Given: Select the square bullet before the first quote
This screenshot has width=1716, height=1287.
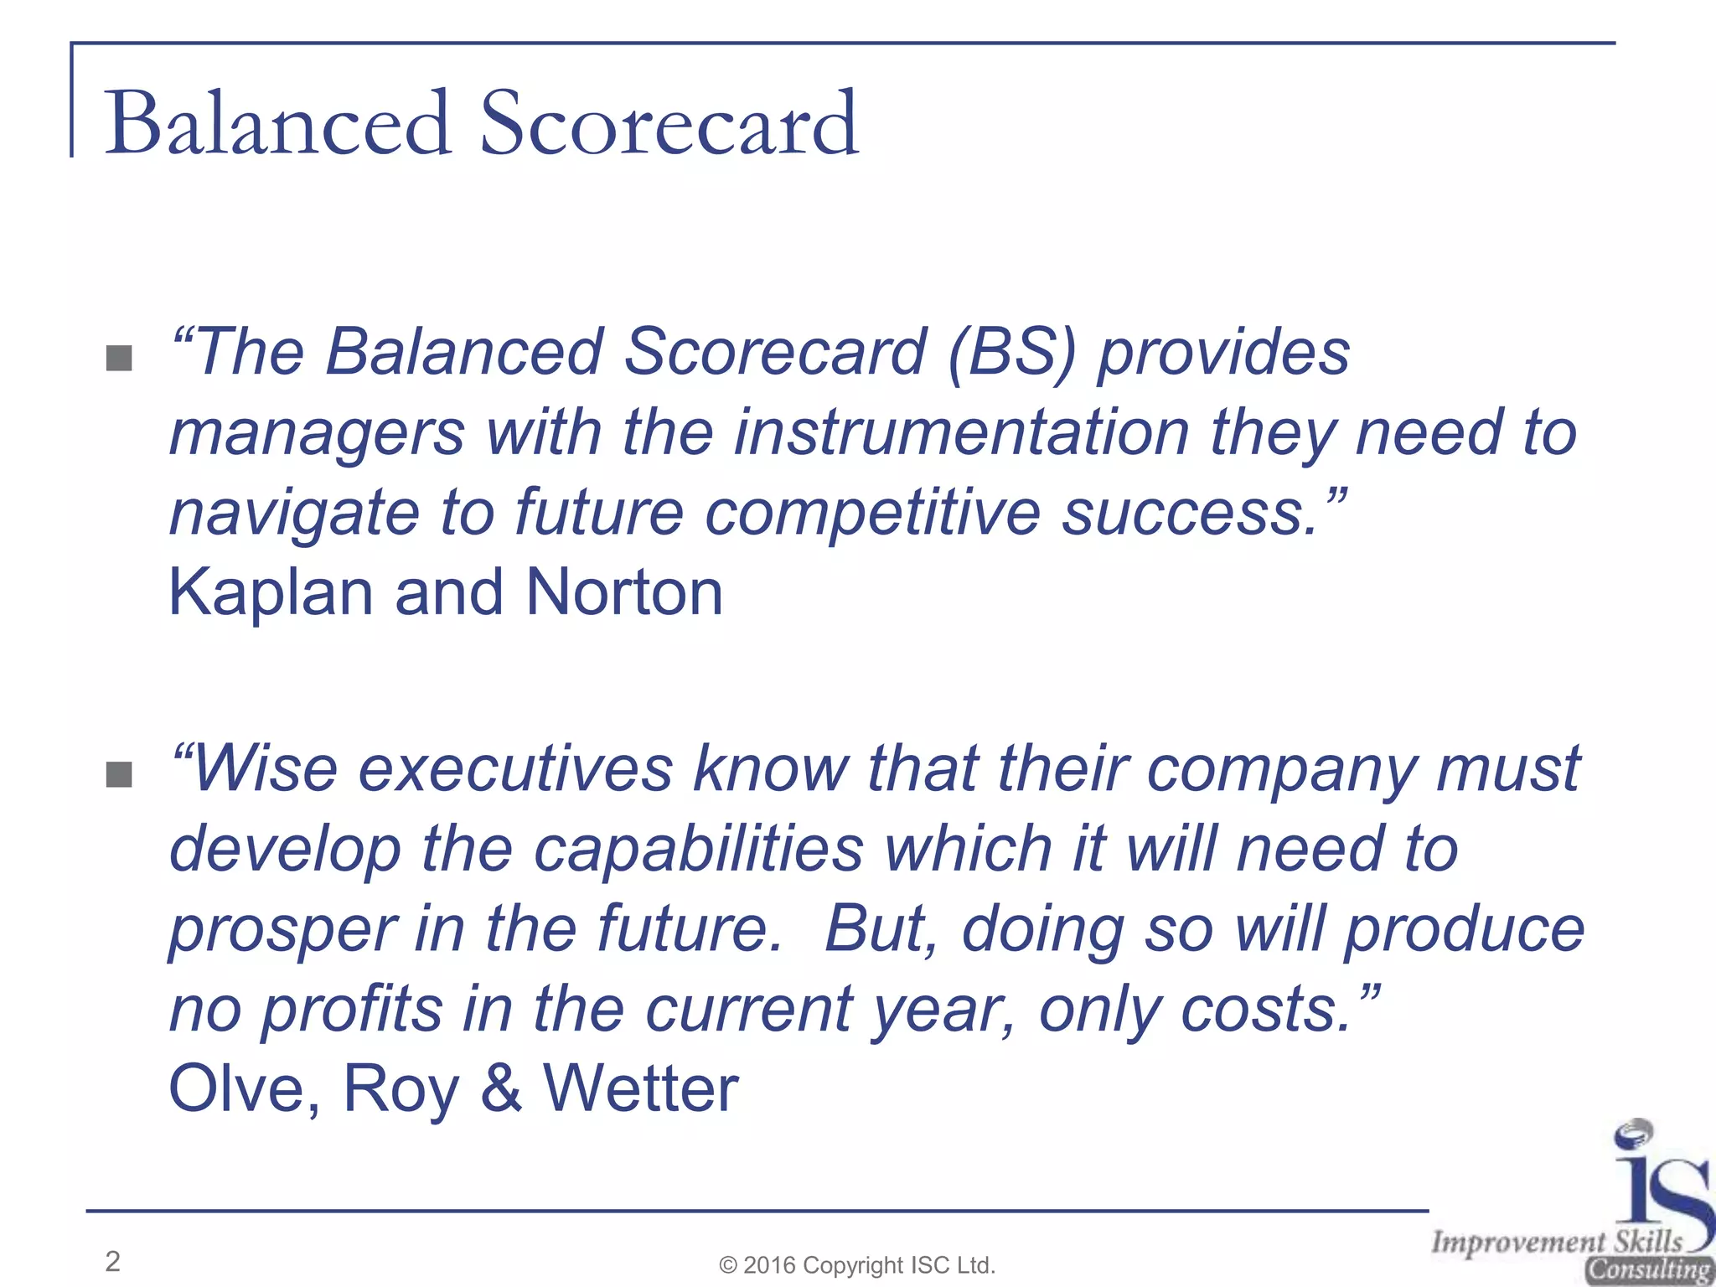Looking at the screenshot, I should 120,359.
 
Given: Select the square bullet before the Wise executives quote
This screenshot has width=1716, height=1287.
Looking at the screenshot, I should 120,775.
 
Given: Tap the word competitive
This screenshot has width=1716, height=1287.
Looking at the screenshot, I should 871,513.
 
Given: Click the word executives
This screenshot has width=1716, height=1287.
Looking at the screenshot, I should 515,769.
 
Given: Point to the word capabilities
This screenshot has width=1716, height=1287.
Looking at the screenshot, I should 698,850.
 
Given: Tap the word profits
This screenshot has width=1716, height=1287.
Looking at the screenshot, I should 351,1010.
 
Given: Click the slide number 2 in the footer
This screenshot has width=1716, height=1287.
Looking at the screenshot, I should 113,1261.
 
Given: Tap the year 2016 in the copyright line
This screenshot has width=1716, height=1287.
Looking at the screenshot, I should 770,1265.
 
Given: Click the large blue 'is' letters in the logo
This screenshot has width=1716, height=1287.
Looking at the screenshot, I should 1659,1190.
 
